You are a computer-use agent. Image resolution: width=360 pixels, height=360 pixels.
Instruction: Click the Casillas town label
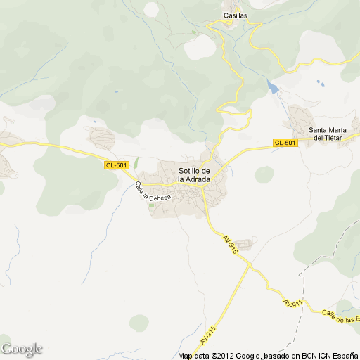pyautogui.click(x=235, y=15)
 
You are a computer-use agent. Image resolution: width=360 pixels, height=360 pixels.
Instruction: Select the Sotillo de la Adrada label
pyautogui.click(x=195, y=174)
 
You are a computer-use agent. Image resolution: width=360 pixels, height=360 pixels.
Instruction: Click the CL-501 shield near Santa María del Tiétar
pyautogui.click(x=285, y=143)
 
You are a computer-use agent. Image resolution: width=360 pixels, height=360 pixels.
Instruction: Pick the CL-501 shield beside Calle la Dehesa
pyautogui.click(x=117, y=165)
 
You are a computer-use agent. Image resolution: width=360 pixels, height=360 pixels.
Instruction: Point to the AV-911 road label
pyautogui.click(x=293, y=303)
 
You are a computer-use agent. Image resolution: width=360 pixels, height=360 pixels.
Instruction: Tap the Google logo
pyautogui.click(x=22, y=349)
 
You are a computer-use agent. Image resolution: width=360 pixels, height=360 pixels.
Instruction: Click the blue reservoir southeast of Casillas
pyautogui.click(x=272, y=87)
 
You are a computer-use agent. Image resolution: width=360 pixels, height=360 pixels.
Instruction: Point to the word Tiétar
pyautogui.click(x=334, y=138)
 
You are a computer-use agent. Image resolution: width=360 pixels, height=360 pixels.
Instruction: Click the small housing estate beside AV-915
pyautogui.click(x=252, y=243)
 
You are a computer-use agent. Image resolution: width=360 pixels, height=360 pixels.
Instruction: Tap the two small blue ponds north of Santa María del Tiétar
pyautogui.click(x=321, y=83)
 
